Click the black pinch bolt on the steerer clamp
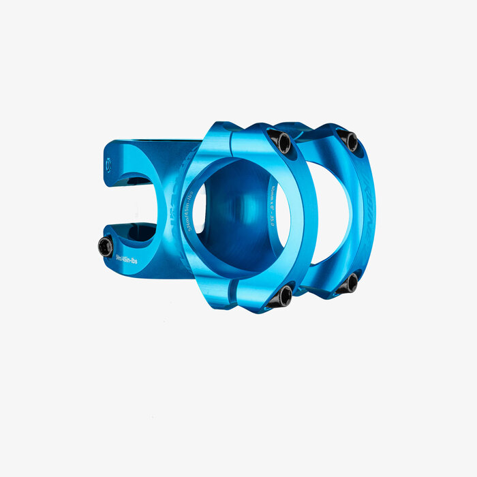[106, 246]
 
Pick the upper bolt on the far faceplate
[350, 140]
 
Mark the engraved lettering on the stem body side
[174, 204]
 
